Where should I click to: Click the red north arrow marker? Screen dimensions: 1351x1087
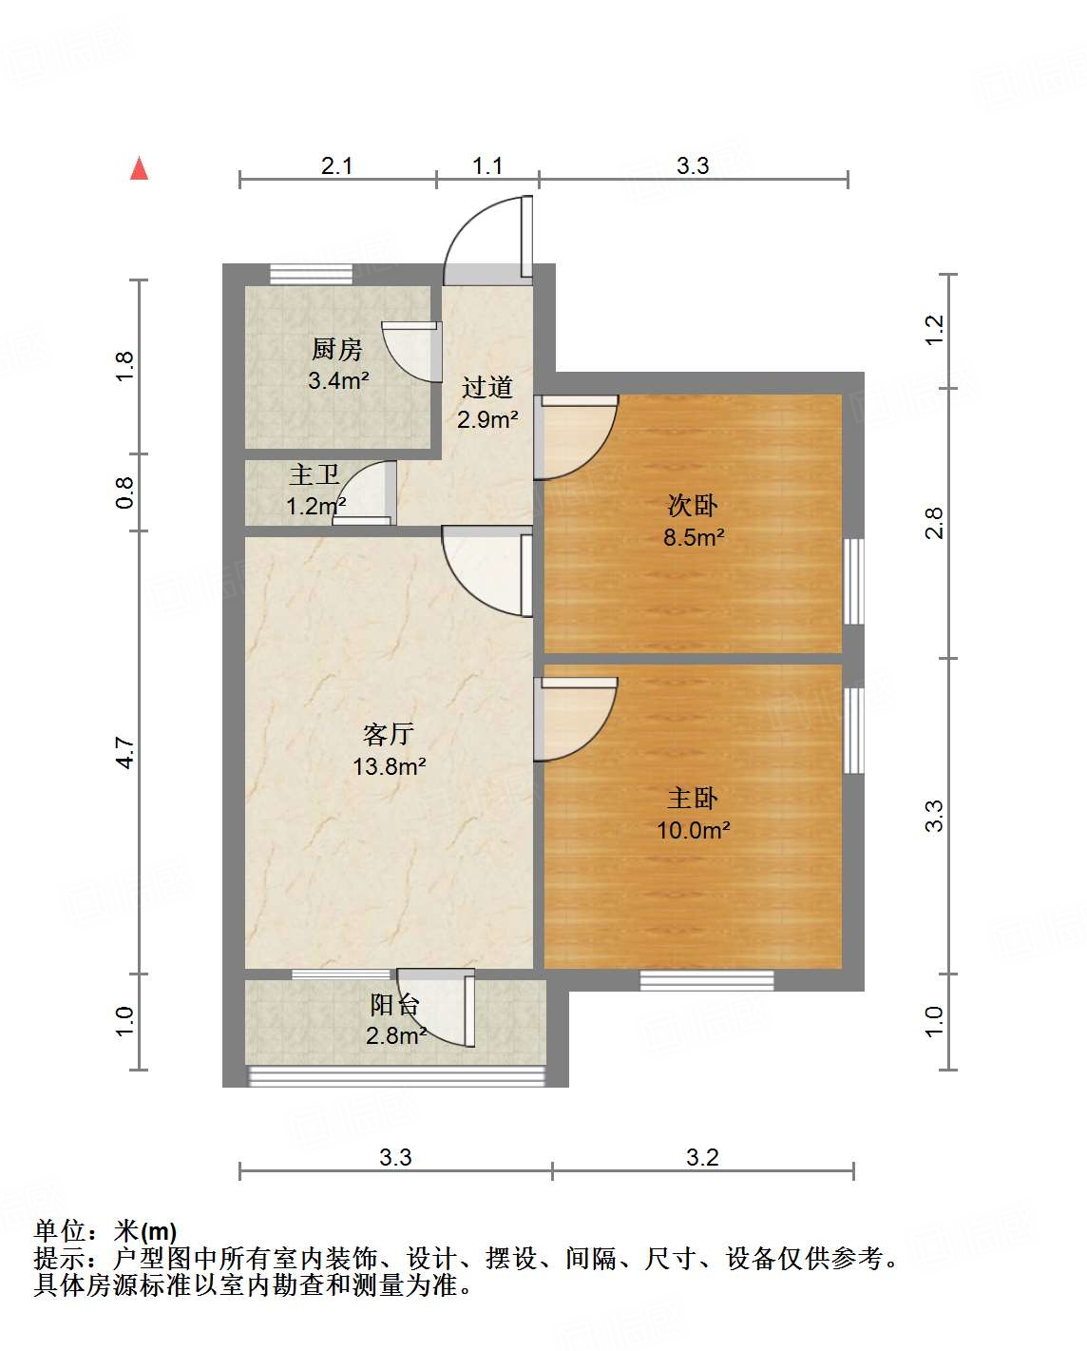coord(140,169)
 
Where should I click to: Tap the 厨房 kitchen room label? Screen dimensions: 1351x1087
coord(337,350)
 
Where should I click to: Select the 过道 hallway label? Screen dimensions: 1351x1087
coord(487,387)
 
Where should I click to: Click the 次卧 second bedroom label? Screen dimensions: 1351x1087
coord(693,505)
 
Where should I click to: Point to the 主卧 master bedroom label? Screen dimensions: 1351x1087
coord(693,798)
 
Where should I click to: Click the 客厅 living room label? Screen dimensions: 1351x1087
coord(389,734)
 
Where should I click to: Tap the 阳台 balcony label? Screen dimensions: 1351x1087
coord(394,1005)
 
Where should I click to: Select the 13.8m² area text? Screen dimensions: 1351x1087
coord(389,766)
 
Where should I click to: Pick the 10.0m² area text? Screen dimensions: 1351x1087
coord(693,830)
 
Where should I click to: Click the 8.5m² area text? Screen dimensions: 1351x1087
coord(693,537)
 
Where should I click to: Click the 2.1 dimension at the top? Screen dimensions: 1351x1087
coord(336,166)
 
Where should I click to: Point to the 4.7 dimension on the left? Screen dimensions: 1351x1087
coord(125,753)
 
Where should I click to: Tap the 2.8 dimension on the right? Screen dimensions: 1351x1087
coord(935,524)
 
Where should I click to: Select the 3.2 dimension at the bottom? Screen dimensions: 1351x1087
coord(702,1157)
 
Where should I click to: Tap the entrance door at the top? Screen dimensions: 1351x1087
coord(486,238)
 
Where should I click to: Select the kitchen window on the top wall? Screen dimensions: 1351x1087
coord(311,274)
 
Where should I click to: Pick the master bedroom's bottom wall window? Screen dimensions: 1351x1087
coord(706,980)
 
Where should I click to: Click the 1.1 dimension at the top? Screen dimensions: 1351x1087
coord(487,166)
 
